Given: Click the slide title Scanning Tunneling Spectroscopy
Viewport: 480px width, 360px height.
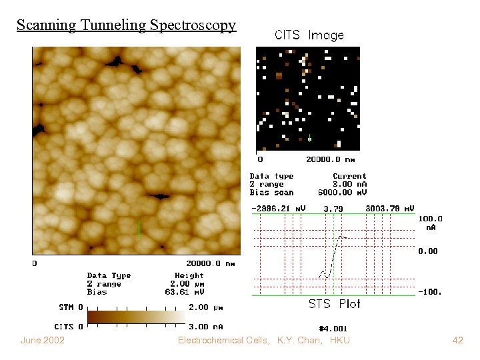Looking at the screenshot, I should click(x=126, y=25).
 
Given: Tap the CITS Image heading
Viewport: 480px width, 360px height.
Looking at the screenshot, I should click(x=309, y=35).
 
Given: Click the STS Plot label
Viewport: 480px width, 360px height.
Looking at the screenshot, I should click(x=334, y=304).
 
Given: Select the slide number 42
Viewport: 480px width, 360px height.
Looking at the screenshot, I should click(x=457, y=341).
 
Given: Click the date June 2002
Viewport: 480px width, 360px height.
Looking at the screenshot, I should click(x=43, y=341).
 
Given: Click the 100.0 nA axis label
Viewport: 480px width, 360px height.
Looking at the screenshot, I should click(x=430, y=223).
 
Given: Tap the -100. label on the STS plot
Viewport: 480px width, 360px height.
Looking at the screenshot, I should click(x=430, y=292).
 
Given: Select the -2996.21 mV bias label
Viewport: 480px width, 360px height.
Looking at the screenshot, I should click(x=278, y=209).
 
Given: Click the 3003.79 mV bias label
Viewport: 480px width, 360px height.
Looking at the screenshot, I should click(x=390, y=209).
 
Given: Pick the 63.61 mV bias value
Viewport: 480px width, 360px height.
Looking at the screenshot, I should click(x=185, y=292).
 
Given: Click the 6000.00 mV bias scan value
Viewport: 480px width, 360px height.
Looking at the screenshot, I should click(x=349, y=193).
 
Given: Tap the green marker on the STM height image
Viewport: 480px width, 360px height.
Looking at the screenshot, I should click(x=139, y=229).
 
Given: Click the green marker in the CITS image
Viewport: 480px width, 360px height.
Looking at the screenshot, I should click(x=309, y=138).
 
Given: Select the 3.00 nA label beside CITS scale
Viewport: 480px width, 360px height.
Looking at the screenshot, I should click(x=207, y=327).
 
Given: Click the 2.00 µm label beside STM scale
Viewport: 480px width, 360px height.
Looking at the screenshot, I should click(x=207, y=308).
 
